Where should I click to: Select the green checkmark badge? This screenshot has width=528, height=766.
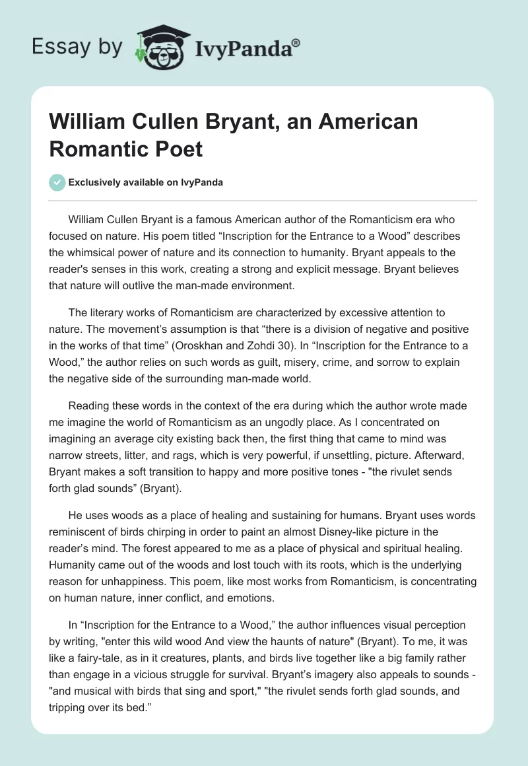click(x=57, y=182)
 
